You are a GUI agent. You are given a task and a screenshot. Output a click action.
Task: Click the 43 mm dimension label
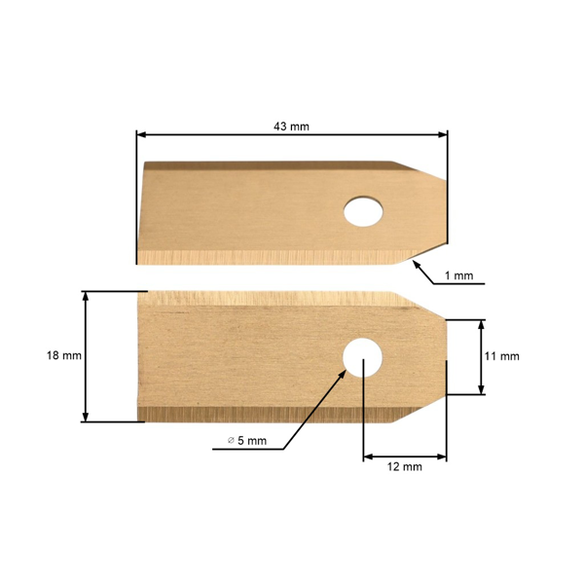point(292,126)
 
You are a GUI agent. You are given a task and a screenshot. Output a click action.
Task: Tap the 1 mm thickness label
point(457,276)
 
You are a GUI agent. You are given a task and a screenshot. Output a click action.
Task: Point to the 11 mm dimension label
point(501,356)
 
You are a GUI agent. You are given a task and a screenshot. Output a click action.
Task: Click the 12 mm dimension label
point(405,467)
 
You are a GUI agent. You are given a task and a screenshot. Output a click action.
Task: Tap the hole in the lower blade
point(362,357)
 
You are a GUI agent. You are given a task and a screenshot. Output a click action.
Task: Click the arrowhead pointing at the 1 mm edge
point(416,262)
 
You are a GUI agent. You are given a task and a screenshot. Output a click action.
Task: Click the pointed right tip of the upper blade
point(445,208)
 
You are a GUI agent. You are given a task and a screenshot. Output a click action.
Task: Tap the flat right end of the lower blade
point(445,357)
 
